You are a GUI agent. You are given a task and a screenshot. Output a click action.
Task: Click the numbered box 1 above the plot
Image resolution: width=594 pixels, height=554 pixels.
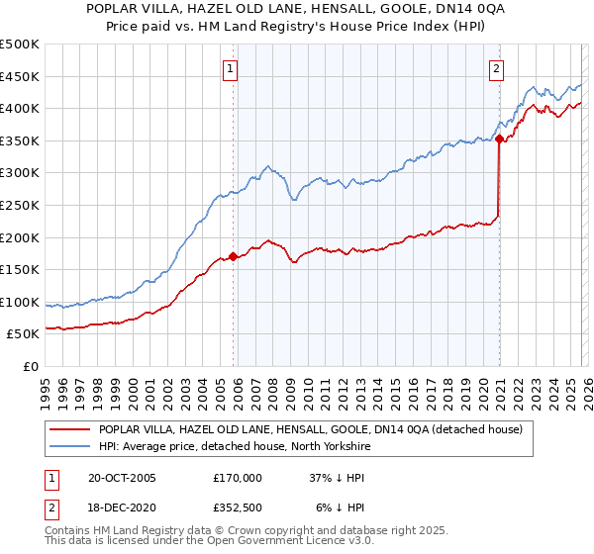(231, 69)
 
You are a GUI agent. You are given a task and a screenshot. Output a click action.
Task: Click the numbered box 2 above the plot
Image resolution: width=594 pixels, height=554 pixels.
(496, 69)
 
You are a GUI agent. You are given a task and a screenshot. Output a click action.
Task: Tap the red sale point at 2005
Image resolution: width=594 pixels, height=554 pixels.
(234, 256)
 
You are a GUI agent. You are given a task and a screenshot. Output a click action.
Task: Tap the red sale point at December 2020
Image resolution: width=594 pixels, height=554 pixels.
(499, 139)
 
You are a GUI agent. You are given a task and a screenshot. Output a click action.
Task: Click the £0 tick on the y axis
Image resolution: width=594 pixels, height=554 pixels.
(32, 366)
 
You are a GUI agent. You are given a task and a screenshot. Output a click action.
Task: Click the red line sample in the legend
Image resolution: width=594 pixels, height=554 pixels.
(68, 429)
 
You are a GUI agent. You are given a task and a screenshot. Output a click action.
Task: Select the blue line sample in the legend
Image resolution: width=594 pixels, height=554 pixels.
(68, 446)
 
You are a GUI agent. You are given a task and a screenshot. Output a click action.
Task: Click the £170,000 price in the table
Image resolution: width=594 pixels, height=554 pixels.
(238, 477)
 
